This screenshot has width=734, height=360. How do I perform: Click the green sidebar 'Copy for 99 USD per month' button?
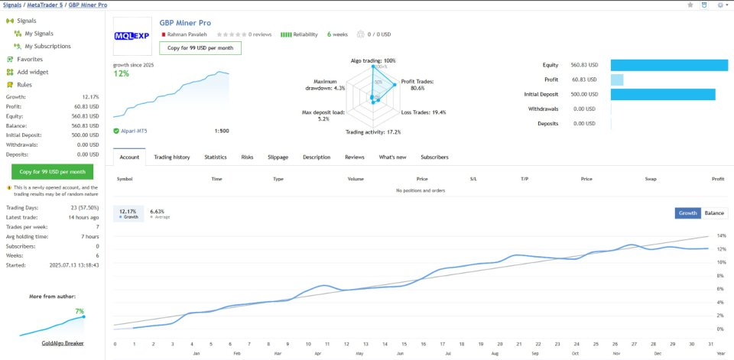(53, 171)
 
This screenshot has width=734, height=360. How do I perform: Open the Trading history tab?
(172, 157)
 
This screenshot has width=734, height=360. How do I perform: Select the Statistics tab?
(216, 157)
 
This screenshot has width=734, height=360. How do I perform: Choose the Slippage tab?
(278, 157)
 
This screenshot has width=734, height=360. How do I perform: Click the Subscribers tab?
(434, 157)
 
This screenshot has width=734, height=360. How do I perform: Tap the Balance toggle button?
(714, 213)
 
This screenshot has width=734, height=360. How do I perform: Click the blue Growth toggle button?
(688, 213)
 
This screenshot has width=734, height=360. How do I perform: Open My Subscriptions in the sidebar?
(47, 46)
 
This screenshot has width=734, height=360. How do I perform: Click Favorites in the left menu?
(30, 59)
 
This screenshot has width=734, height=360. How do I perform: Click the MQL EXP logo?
(132, 36)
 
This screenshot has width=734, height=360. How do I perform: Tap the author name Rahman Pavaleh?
(187, 34)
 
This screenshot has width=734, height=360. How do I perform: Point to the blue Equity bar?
(669, 65)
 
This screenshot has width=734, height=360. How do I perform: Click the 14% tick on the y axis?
(721, 235)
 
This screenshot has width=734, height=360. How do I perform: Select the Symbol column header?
(124, 178)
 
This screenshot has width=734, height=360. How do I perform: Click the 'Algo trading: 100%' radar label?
(373, 60)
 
